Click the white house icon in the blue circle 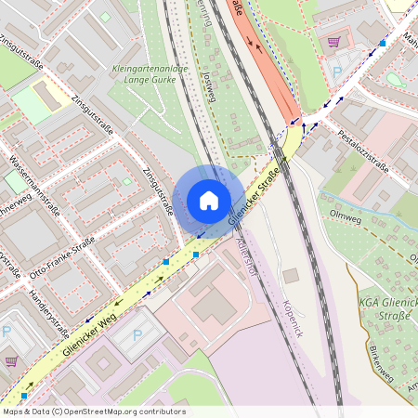[209, 201]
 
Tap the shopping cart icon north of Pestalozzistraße [333, 41]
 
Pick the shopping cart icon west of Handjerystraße [11, 360]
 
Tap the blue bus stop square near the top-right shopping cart [382, 43]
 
